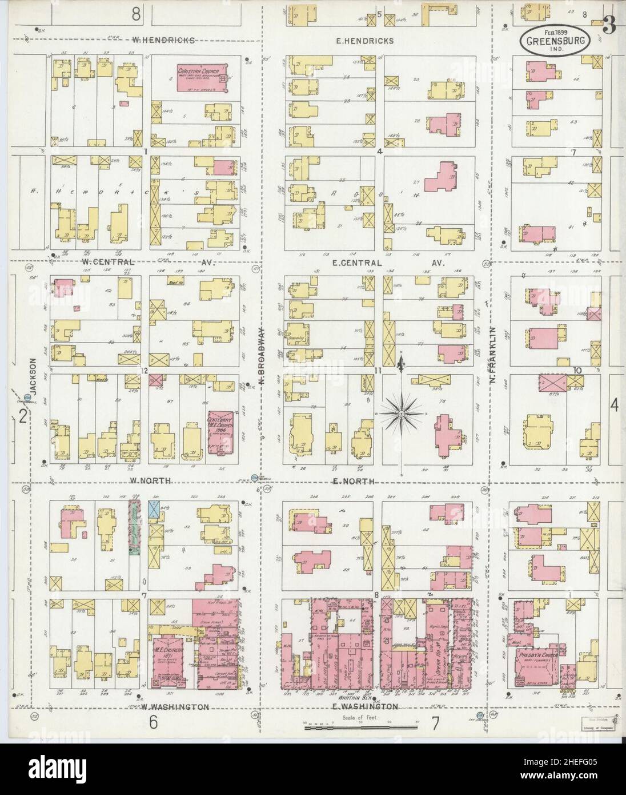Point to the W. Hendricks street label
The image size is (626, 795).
163,41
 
